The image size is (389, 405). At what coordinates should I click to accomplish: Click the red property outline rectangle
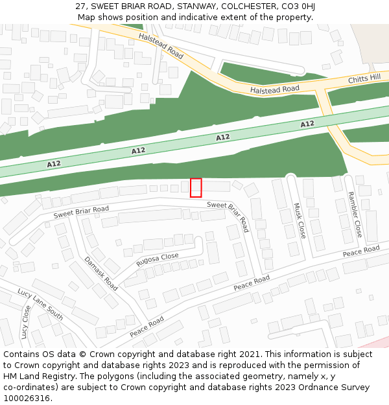(x=196, y=187)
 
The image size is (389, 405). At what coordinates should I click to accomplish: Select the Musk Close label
(x=298, y=220)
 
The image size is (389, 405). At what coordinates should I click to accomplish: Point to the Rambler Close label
(x=354, y=214)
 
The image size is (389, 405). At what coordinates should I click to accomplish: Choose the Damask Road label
(x=100, y=273)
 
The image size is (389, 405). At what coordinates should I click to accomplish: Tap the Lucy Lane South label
(x=40, y=304)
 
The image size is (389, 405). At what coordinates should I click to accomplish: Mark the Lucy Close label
(x=25, y=322)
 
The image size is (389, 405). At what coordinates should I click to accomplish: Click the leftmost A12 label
(x=54, y=164)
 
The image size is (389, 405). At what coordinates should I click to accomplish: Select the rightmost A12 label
(x=307, y=124)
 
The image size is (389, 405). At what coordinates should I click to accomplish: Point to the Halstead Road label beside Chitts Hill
(x=275, y=89)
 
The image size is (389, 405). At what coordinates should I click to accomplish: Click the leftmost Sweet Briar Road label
(x=81, y=212)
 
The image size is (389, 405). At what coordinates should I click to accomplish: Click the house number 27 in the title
(x=80, y=6)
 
